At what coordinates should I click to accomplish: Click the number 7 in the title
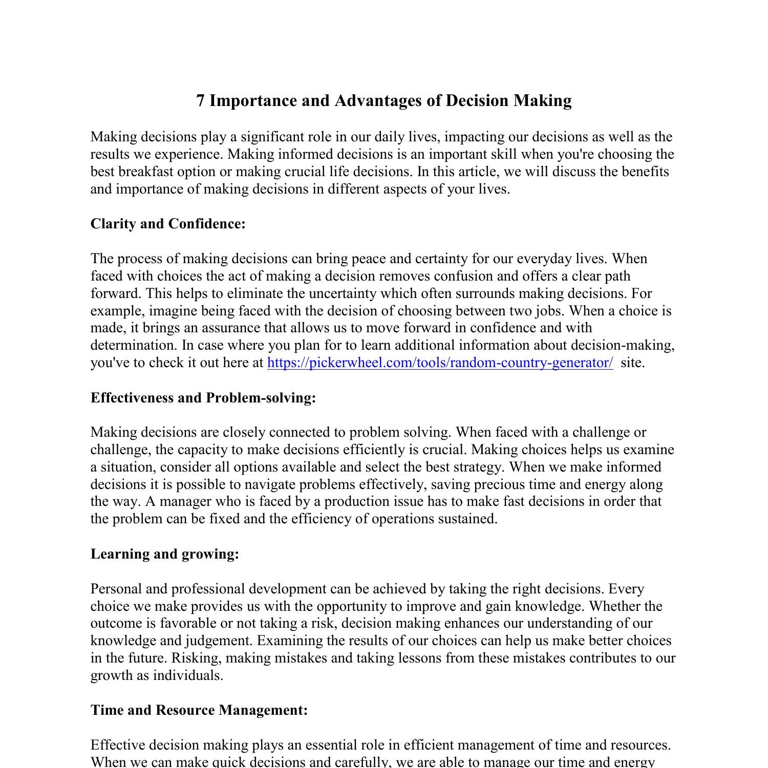(x=201, y=101)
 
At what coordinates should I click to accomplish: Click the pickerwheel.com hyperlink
(x=440, y=363)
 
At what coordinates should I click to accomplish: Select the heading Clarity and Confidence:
(x=168, y=224)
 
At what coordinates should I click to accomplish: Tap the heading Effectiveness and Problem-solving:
(x=203, y=398)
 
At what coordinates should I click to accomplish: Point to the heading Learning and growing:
(x=164, y=554)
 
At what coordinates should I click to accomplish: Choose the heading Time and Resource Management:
(x=199, y=710)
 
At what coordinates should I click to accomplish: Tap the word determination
(x=133, y=346)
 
